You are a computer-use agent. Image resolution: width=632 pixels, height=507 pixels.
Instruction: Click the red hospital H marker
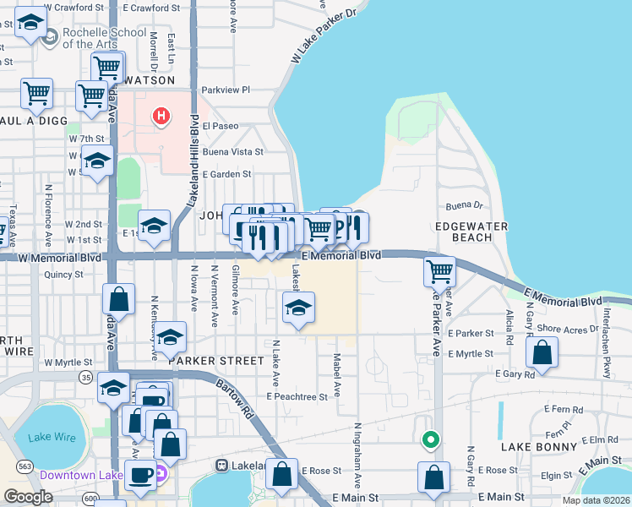pyautogui.click(x=158, y=116)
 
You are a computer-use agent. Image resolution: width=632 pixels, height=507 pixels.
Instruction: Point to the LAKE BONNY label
pyautogui.click(x=538, y=445)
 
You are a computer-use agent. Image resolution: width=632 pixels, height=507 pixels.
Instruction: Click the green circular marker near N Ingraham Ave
pyautogui.click(x=430, y=439)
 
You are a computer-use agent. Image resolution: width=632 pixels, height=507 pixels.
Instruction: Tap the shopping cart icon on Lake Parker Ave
pyautogui.click(x=440, y=272)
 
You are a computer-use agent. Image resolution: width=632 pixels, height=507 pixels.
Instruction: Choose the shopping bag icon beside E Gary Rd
pyautogui.click(x=542, y=352)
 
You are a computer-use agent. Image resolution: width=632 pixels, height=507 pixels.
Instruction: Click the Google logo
pyautogui.click(x=28, y=497)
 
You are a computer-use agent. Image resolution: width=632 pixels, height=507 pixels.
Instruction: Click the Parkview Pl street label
pyautogui.click(x=226, y=90)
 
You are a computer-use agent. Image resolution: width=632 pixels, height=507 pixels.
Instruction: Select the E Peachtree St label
pyautogui.click(x=297, y=396)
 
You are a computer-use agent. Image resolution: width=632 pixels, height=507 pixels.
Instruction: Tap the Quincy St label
pyautogui.click(x=63, y=274)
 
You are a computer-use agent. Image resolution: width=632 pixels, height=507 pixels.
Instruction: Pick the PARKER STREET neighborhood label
pyautogui.click(x=215, y=360)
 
